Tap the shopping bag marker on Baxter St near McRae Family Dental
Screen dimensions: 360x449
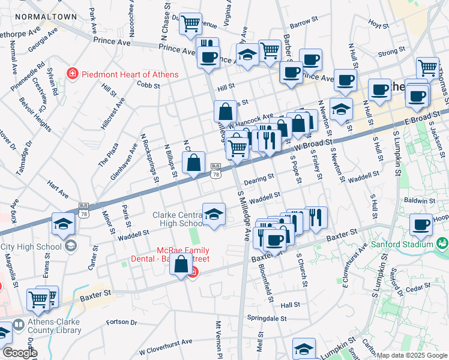181,264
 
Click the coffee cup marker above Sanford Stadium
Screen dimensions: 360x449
421,225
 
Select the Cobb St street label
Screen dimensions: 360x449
148,86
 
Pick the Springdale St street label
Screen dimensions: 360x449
266,317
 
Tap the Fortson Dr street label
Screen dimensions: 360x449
121,322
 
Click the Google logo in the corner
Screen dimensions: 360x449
19,353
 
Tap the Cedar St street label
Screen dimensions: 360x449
414,289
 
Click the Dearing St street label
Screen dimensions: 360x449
259,178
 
